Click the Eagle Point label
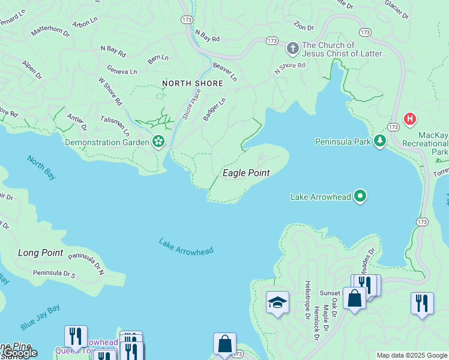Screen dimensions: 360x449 pyautogui.click(x=246, y=173)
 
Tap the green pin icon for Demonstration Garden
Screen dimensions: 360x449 pyautogui.click(x=158, y=142)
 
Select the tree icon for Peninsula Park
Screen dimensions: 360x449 pyautogui.click(x=379, y=142)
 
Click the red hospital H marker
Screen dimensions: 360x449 pyautogui.click(x=411, y=119)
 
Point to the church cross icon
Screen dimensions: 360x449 pyautogui.click(x=292, y=47)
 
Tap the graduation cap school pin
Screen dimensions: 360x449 pyautogui.click(x=277, y=302)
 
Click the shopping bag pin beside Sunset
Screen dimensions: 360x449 pyautogui.click(x=354, y=298)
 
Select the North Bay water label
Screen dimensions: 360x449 pyautogui.click(x=41, y=167)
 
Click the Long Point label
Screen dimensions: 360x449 pyautogui.click(x=40, y=253)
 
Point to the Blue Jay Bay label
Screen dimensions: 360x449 pyautogui.click(x=40, y=317)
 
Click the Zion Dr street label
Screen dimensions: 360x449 pyautogui.click(x=304, y=28)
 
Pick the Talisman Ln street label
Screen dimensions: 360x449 pyautogui.click(x=115, y=126)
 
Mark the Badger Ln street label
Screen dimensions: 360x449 pyautogui.click(x=214, y=109)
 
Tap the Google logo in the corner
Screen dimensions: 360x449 pyautogui.click(x=20, y=352)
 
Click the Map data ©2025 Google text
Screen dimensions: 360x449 pyautogui.click(x=412, y=355)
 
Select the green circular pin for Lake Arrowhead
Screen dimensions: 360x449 pyautogui.click(x=360, y=196)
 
